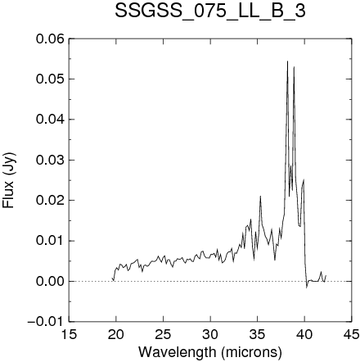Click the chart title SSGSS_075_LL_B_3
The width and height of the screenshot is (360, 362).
pyautogui.click(x=210, y=11)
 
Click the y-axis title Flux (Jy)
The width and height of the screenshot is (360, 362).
pyautogui.click(x=9, y=180)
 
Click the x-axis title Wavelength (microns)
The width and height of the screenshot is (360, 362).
pyautogui.click(x=210, y=352)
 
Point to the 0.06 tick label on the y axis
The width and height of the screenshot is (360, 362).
pyautogui.click(x=50, y=38)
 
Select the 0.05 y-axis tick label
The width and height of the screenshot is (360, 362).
pyautogui.click(x=50, y=79)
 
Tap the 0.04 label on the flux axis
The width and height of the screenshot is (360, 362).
pyautogui.click(x=50, y=120)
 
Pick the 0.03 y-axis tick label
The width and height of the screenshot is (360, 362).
pyautogui.click(x=50, y=160)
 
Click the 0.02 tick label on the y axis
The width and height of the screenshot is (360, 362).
pyautogui.click(x=50, y=201)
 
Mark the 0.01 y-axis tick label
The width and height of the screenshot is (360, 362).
pyautogui.click(x=50, y=241)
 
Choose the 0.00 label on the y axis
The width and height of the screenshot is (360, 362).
pyautogui.click(x=50, y=281)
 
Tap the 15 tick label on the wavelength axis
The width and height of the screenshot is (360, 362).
pyautogui.click(x=69, y=334)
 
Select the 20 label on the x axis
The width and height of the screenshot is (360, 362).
pyautogui.click(x=116, y=334)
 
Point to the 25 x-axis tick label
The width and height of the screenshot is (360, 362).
pyautogui.click(x=163, y=334)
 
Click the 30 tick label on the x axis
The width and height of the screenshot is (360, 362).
pyautogui.click(x=210, y=334)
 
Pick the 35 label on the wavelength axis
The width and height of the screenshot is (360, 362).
pyautogui.click(x=258, y=334)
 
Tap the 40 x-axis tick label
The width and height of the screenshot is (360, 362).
pyautogui.click(x=304, y=334)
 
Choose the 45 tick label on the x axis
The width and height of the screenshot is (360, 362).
pyautogui.click(x=352, y=334)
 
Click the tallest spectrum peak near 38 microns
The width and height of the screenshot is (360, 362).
pyautogui.click(x=287, y=61)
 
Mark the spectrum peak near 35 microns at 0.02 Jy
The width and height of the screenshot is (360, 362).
pyautogui.click(x=260, y=197)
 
